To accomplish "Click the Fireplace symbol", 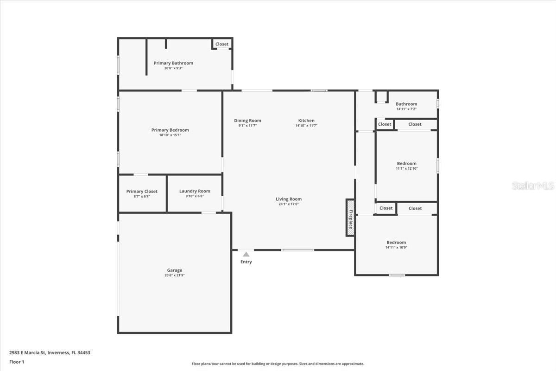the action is pyautogui.click(x=350, y=217).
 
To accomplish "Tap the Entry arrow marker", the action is pyautogui.click(x=246, y=255).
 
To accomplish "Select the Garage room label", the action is pyautogui.click(x=175, y=270).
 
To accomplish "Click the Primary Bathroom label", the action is pyautogui.click(x=173, y=63).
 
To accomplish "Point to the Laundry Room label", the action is pyautogui.click(x=195, y=191).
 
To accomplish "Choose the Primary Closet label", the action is pyautogui.click(x=142, y=192).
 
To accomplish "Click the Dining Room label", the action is pyautogui.click(x=247, y=121).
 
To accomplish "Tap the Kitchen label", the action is pyautogui.click(x=306, y=121).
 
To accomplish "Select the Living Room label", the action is pyautogui.click(x=289, y=199).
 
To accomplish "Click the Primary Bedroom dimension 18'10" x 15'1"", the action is pyautogui.click(x=170, y=135).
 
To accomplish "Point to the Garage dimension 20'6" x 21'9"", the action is pyautogui.click(x=175, y=275).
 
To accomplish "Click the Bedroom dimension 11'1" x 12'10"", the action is pyautogui.click(x=407, y=168).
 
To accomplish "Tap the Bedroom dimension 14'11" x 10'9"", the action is pyautogui.click(x=396, y=248).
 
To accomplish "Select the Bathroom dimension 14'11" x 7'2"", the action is pyautogui.click(x=406, y=109).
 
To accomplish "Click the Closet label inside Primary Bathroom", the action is pyautogui.click(x=221, y=44).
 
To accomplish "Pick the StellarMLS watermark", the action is pyautogui.click(x=533, y=185).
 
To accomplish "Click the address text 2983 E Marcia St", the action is pyautogui.click(x=27, y=352).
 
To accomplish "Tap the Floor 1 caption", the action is pyautogui.click(x=17, y=362).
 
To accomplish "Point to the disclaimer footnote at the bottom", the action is pyautogui.click(x=278, y=364).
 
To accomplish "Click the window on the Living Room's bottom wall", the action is pyautogui.click(x=297, y=250).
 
